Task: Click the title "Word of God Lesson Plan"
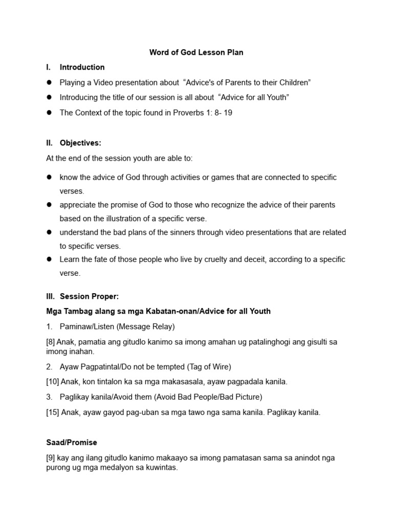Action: point(196,52)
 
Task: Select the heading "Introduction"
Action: point(82,67)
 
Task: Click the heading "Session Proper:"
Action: point(89,296)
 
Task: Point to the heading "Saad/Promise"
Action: point(71,442)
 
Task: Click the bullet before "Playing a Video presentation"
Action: point(50,82)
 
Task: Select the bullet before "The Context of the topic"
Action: point(50,113)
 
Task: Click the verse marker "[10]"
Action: point(53,382)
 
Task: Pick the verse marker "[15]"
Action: point(53,412)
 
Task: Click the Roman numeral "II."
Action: point(50,143)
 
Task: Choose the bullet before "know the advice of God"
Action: point(50,177)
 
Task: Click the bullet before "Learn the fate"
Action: point(50,259)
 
